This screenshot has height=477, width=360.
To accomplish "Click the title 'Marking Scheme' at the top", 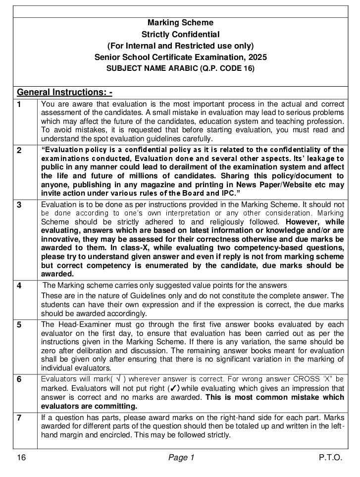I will pyautogui.click(x=180, y=23).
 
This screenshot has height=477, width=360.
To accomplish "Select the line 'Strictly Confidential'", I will pyautogui.click(x=180, y=34).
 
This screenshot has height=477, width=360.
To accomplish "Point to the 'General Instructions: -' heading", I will pyautogui.click(x=65, y=92).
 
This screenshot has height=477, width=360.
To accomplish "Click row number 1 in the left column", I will pyautogui.click(x=19, y=104).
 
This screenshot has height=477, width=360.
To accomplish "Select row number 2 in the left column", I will pyautogui.click(x=19, y=151).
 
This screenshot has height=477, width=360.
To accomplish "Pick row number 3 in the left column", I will pyautogui.click(x=19, y=205).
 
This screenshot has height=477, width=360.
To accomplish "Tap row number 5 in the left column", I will pyautogui.click(x=19, y=325).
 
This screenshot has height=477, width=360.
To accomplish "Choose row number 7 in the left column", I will pyautogui.click(x=19, y=418).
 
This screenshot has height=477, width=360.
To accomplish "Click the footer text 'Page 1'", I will pyautogui.click(x=181, y=458).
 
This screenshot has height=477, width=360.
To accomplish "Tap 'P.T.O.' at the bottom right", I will pyautogui.click(x=330, y=458).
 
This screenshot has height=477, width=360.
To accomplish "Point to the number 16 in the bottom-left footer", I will pyautogui.click(x=21, y=458).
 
